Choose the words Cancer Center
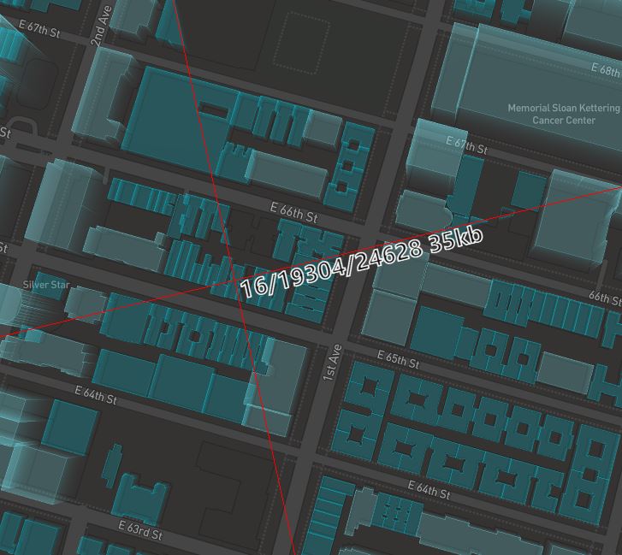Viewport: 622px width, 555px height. [x=564, y=121]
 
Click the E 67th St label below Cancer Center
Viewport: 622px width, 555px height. [x=466, y=144]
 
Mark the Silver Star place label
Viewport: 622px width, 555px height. [x=46, y=285]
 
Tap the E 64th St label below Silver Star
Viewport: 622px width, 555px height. [x=96, y=395]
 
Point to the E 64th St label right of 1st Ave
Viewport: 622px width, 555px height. [x=429, y=490]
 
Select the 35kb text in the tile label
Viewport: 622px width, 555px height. [x=456, y=239]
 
